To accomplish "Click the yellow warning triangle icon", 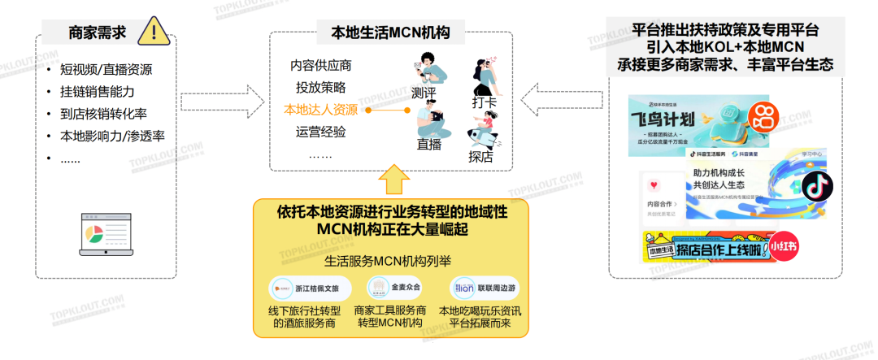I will point(154,32).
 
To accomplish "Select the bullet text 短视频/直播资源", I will point(111,71).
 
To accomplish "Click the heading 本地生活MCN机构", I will point(390,33).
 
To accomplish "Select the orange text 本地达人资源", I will point(320,109).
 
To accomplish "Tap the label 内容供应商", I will point(320,66).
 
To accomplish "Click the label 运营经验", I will point(320,132).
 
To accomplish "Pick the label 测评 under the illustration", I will point(424,92).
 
